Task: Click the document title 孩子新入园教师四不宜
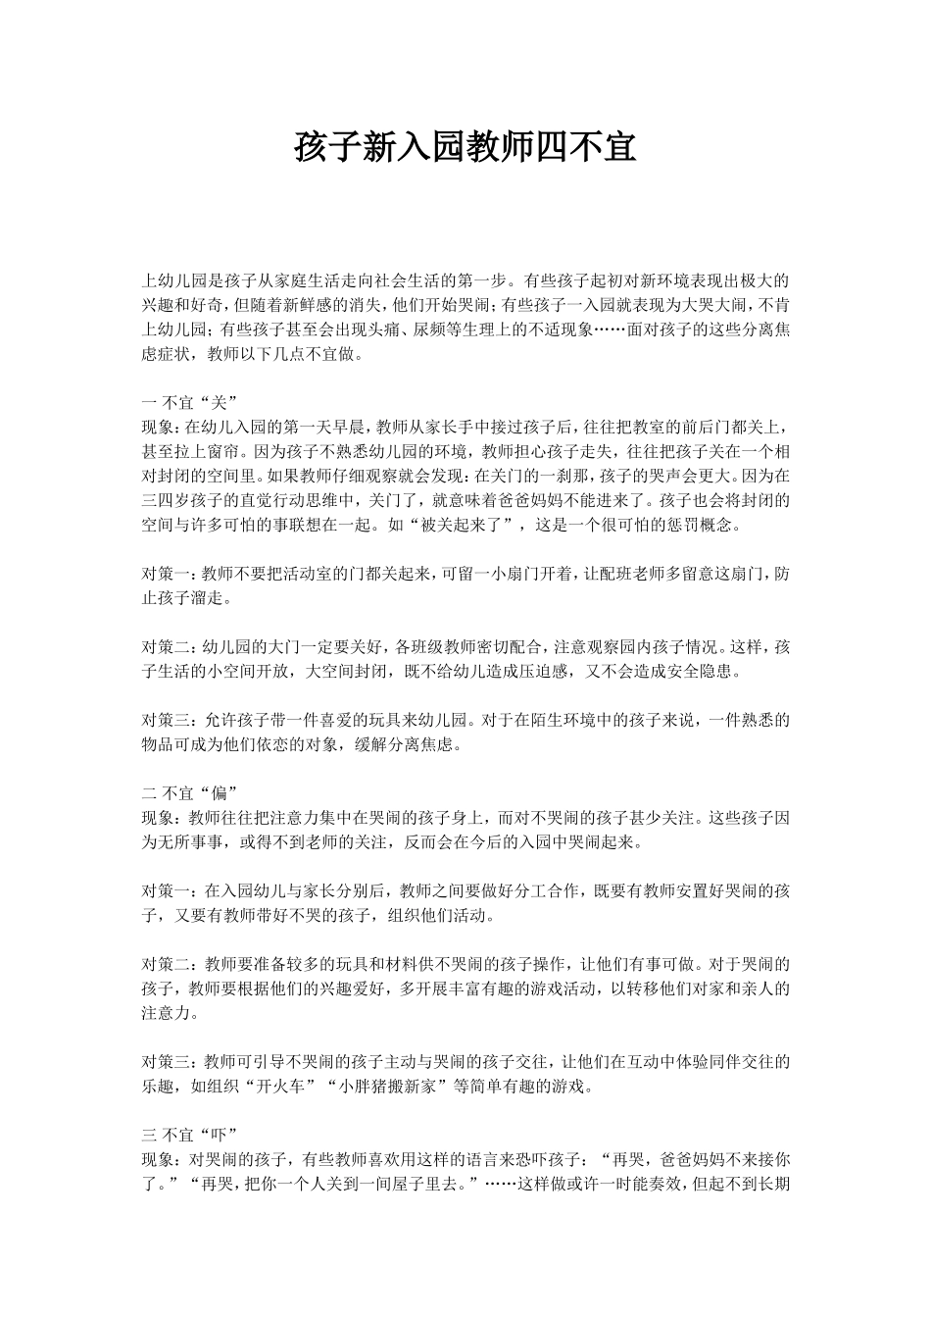coord(465,149)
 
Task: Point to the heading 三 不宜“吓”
coord(187,1136)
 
